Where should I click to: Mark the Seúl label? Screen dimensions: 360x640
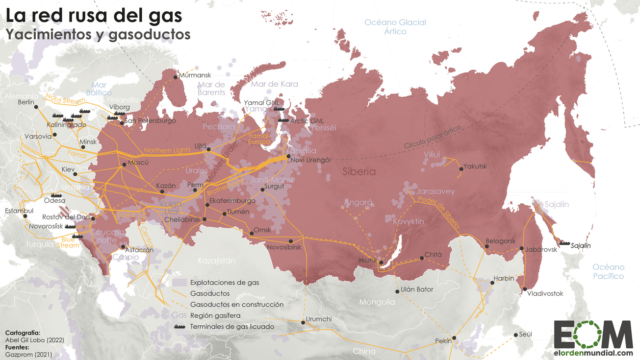click(527, 333)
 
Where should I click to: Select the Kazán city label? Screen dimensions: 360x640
click(165, 187)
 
